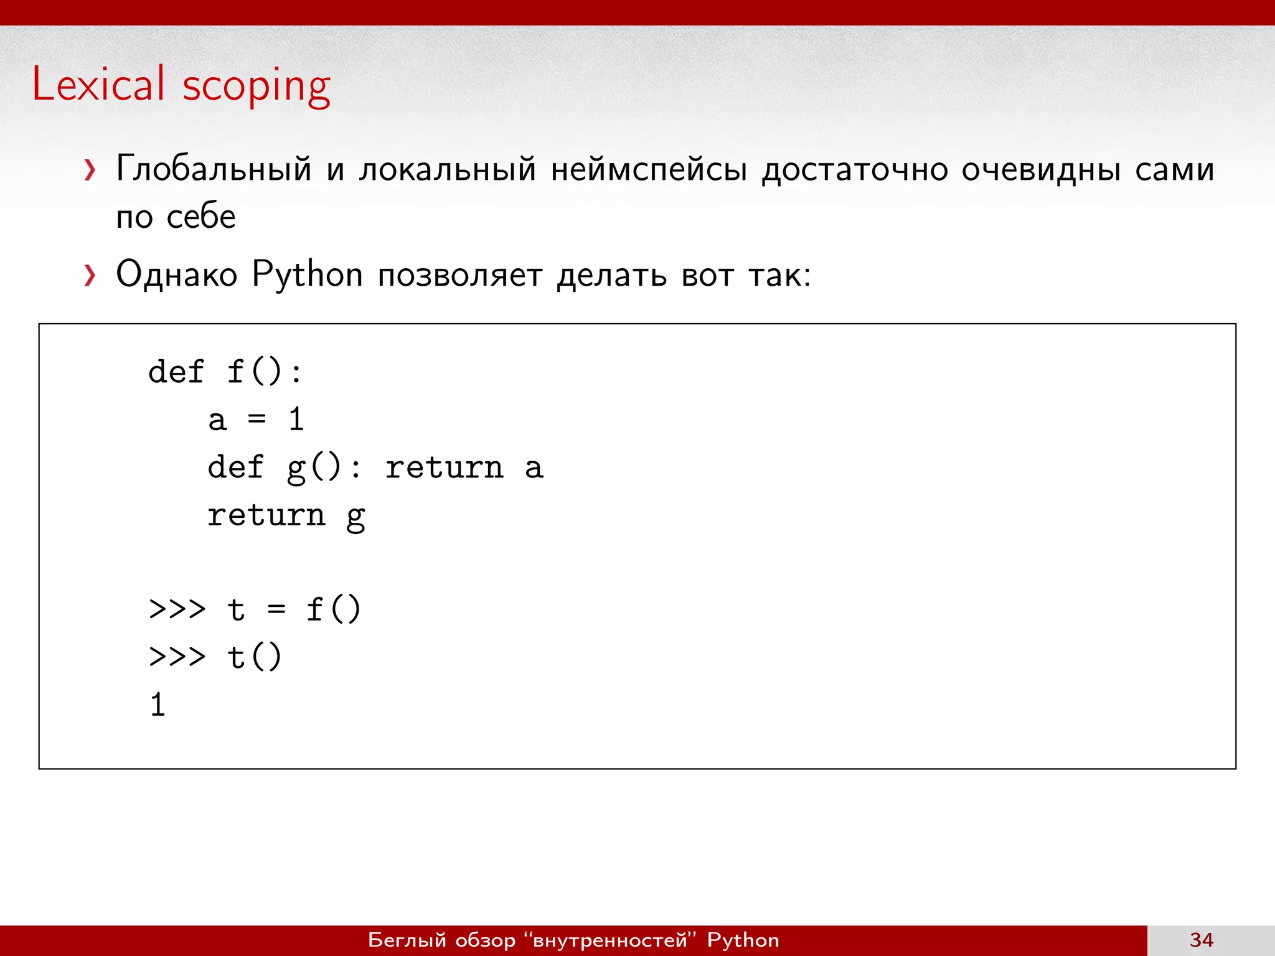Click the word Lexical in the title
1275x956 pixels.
point(98,84)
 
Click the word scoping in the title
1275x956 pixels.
point(256,86)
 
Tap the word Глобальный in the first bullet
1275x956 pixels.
point(214,169)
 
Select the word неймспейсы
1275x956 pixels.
point(649,169)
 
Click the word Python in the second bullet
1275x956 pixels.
point(307,274)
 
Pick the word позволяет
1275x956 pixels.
point(460,274)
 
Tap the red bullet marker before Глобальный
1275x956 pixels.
point(90,169)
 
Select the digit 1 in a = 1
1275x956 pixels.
point(296,419)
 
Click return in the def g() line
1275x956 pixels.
point(444,467)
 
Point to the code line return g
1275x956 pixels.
point(286,515)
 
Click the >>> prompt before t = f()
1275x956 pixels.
point(177,609)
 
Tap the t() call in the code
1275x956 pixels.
point(255,657)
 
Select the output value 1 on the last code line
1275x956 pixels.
point(158,705)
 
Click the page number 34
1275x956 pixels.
point(1202,940)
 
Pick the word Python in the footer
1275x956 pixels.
point(743,940)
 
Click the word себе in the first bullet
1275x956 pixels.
point(201,217)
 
